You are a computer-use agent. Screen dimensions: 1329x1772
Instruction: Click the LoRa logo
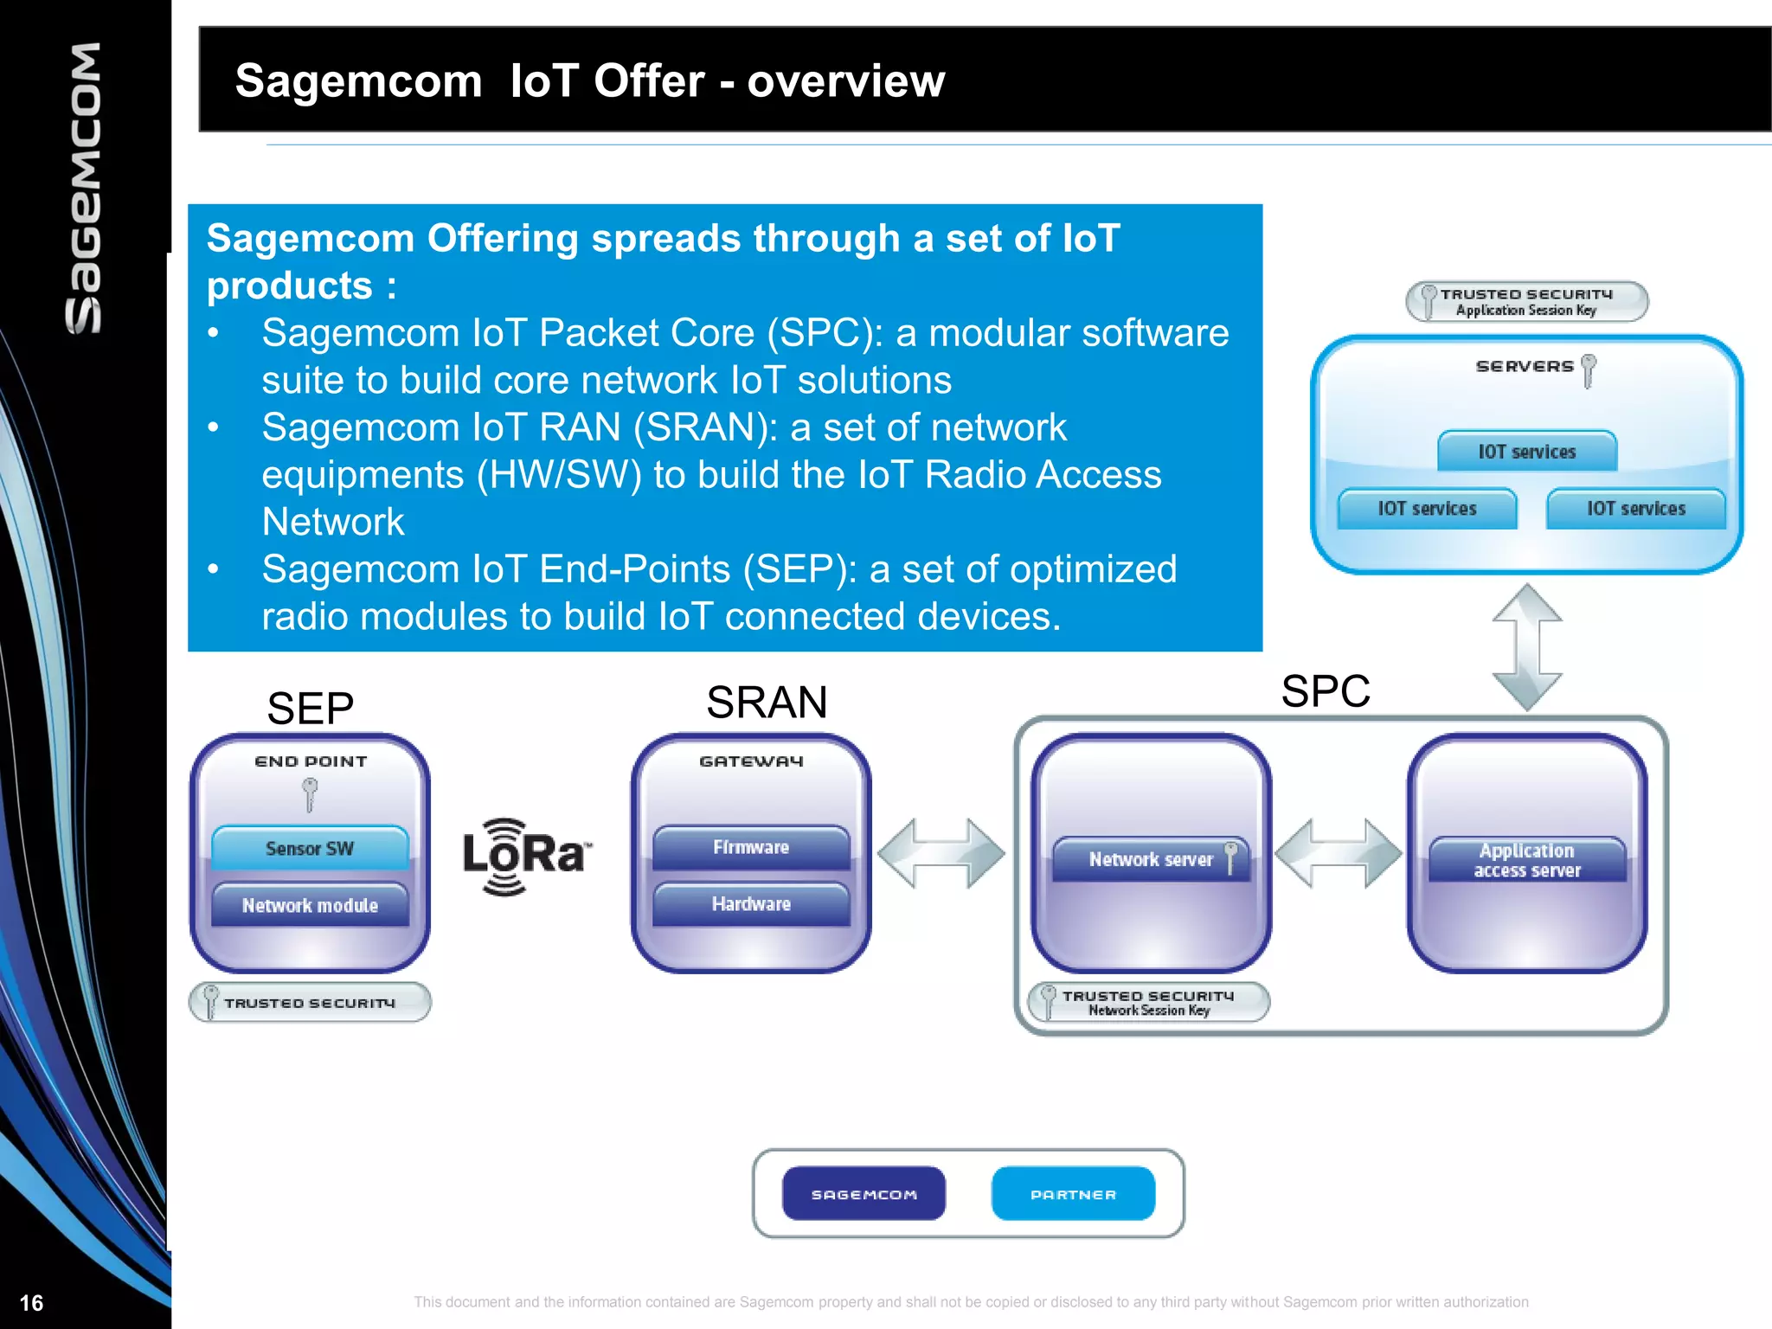(x=527, y=856)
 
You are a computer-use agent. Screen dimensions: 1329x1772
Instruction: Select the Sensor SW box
(x=310, y=848)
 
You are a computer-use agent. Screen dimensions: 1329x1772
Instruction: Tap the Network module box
(x=310, y=905)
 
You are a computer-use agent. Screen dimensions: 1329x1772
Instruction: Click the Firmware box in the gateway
(x=751, y=847)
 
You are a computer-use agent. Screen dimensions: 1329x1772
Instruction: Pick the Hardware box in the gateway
(x=751, y=904)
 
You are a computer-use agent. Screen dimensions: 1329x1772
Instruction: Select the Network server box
(x=1151, y=859)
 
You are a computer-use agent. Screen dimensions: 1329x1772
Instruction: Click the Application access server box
(x=1527, y=860)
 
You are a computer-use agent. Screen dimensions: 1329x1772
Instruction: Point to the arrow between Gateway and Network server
(x=941, y=853)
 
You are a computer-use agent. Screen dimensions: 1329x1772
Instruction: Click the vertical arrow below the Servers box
(x=1527, y=646)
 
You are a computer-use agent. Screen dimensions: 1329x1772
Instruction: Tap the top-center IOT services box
(x=1527, y=451)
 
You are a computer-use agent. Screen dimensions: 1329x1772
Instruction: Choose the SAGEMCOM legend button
(x=864, y=1194)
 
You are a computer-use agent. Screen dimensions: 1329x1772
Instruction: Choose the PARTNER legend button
(x=1073, y=1194)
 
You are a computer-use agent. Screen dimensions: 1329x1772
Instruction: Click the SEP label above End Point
(x=310, y=709)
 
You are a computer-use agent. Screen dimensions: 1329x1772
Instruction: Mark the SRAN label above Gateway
(x=767, y=702)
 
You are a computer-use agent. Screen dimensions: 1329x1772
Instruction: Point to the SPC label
(x=1326, y=691)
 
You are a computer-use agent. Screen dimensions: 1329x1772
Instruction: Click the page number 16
(x=31, y=1303)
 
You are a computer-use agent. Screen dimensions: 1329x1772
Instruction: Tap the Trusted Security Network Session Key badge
(x=1148, y=1002)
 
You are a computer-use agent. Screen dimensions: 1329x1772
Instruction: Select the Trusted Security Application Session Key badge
(x=1526, y=301)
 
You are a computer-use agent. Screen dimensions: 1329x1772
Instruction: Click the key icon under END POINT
(x=310, y=794)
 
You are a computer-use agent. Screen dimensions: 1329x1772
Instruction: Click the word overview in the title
(x=845, y=80)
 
